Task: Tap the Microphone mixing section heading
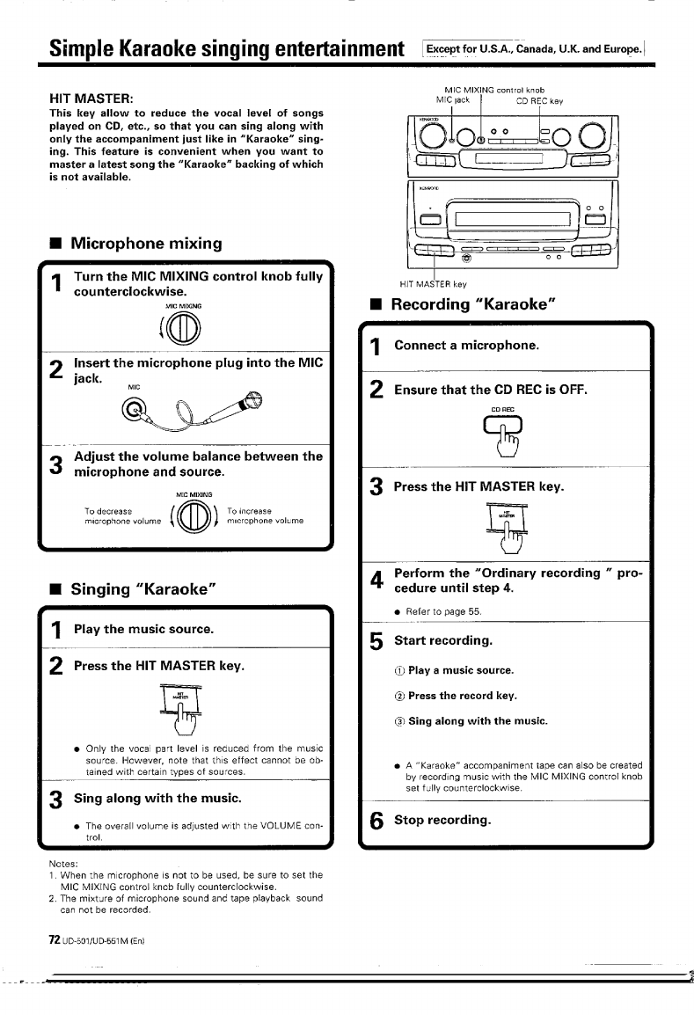(146, 243)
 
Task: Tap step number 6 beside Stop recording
(376, 821)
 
